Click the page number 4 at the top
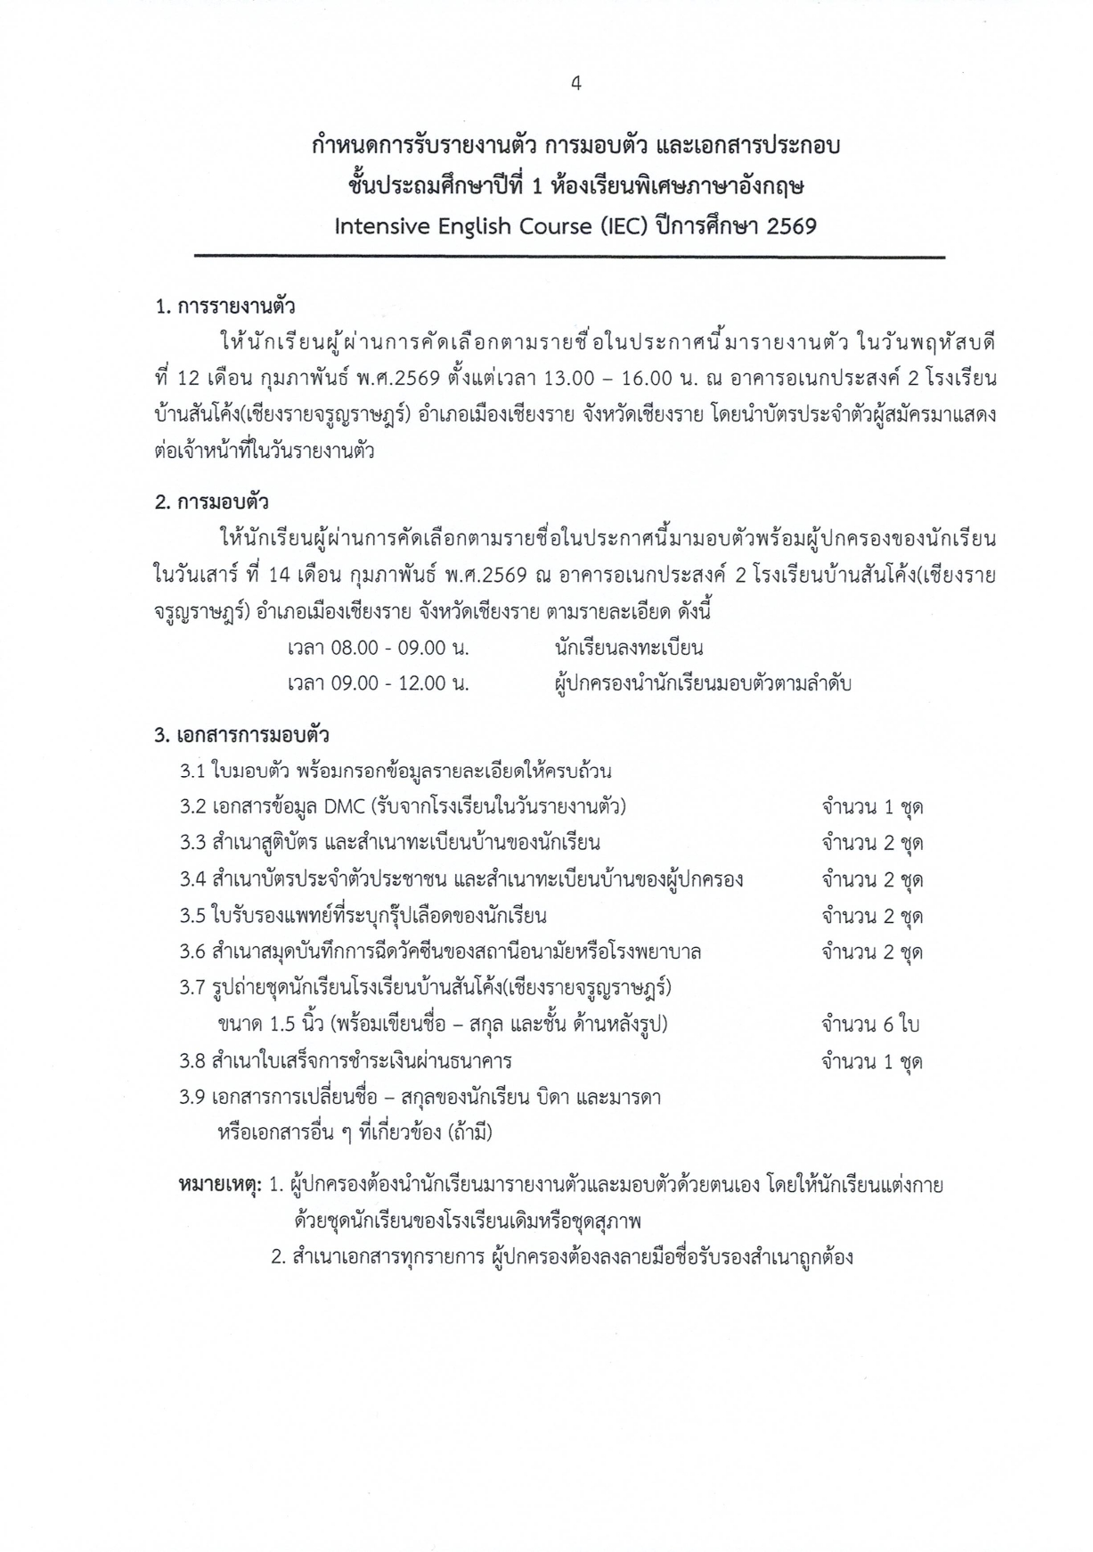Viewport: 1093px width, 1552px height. tap(576, 84)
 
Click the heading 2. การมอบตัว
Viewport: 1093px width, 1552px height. tap(212, 502)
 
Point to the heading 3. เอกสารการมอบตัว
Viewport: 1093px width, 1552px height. tap(241, 735)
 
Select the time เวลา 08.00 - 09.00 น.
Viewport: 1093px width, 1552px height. tap(378, 648)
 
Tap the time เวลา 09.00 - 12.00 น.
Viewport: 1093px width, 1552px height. tap(378, 684)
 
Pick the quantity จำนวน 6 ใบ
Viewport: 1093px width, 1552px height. tap(869, 1025)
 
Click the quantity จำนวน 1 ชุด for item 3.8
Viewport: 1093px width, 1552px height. tap(871, 1062)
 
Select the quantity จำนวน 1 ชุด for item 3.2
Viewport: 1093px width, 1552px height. tap(871, 807)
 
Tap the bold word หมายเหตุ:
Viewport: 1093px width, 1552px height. tap(220, 1186)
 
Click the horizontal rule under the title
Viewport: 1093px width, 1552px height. tap(570, 257)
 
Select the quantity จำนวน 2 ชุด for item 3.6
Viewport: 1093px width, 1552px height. tap(871, 952)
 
